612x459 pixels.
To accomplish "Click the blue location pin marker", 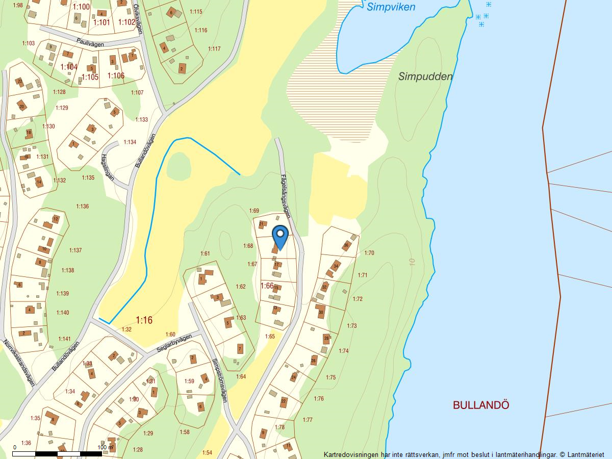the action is click(280, 237).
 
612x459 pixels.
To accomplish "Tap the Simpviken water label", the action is click(391, 7).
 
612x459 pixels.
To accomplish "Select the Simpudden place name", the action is click(425, 77).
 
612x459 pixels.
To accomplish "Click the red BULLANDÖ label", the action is click(481, 405).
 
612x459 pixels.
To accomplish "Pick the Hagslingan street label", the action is click(108, 170).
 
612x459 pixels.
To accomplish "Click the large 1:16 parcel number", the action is click(144, 320).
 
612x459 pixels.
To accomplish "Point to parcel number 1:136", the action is click(83, 207).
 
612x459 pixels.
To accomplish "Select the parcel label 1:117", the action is click(214, 49).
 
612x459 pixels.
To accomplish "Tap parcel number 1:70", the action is click(369, 253).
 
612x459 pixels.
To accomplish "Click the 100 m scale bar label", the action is click(106, 447).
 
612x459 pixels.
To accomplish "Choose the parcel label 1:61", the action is click(205, 253).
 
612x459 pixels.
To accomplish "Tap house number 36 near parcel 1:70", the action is click(346, 245).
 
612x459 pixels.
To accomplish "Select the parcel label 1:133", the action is click(141, 120).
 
